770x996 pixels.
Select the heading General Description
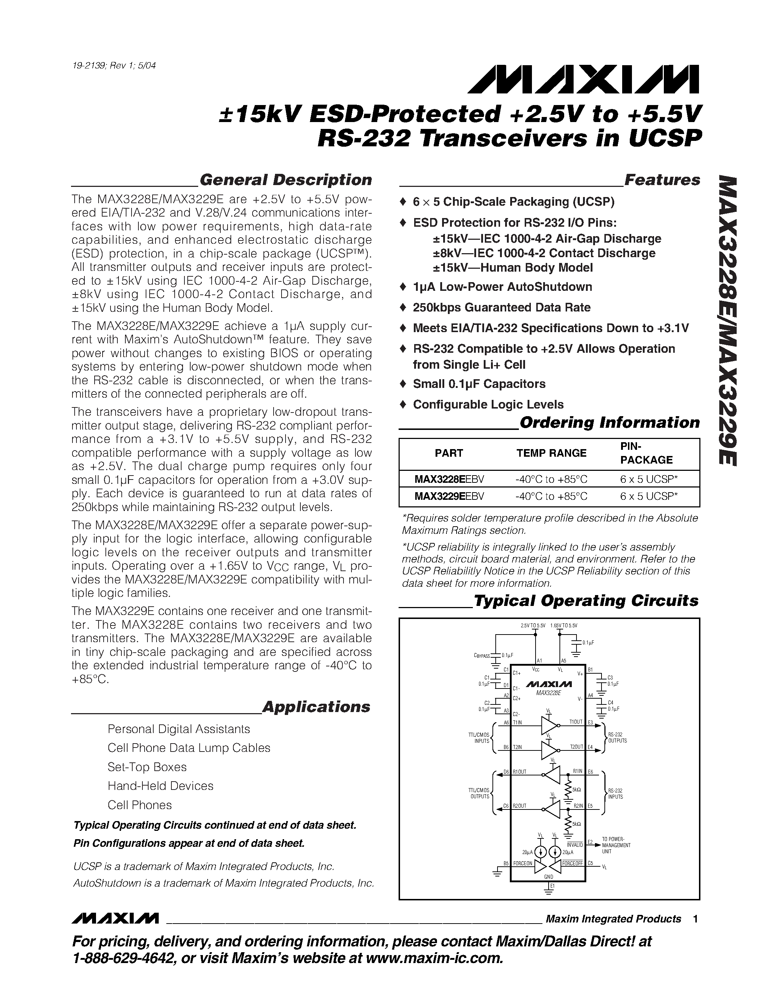point(286,180)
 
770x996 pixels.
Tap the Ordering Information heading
point(609,423)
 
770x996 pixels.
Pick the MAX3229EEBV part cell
point(449,496)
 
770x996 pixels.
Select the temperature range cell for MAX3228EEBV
point(551,479)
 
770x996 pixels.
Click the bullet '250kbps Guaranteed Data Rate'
point(501,307)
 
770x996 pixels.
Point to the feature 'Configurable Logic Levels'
point(488,405)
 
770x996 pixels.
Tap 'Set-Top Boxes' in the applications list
point(147,767)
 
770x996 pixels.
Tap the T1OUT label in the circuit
point(576,722)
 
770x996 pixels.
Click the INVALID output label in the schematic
point(576,845)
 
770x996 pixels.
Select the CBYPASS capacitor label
point(482,656)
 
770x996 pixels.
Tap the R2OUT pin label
point(520,806)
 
